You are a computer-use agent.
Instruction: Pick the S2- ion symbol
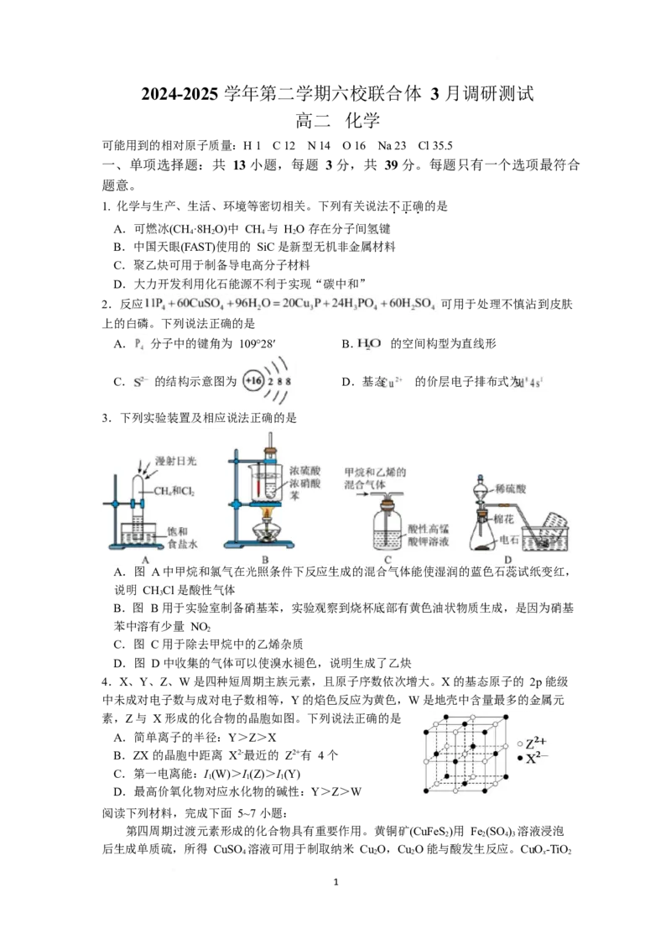[x=140, y=383]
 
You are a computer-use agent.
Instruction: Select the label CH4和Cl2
[x=173, y=491]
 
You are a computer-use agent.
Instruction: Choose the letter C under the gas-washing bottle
[x=388, y=560]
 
